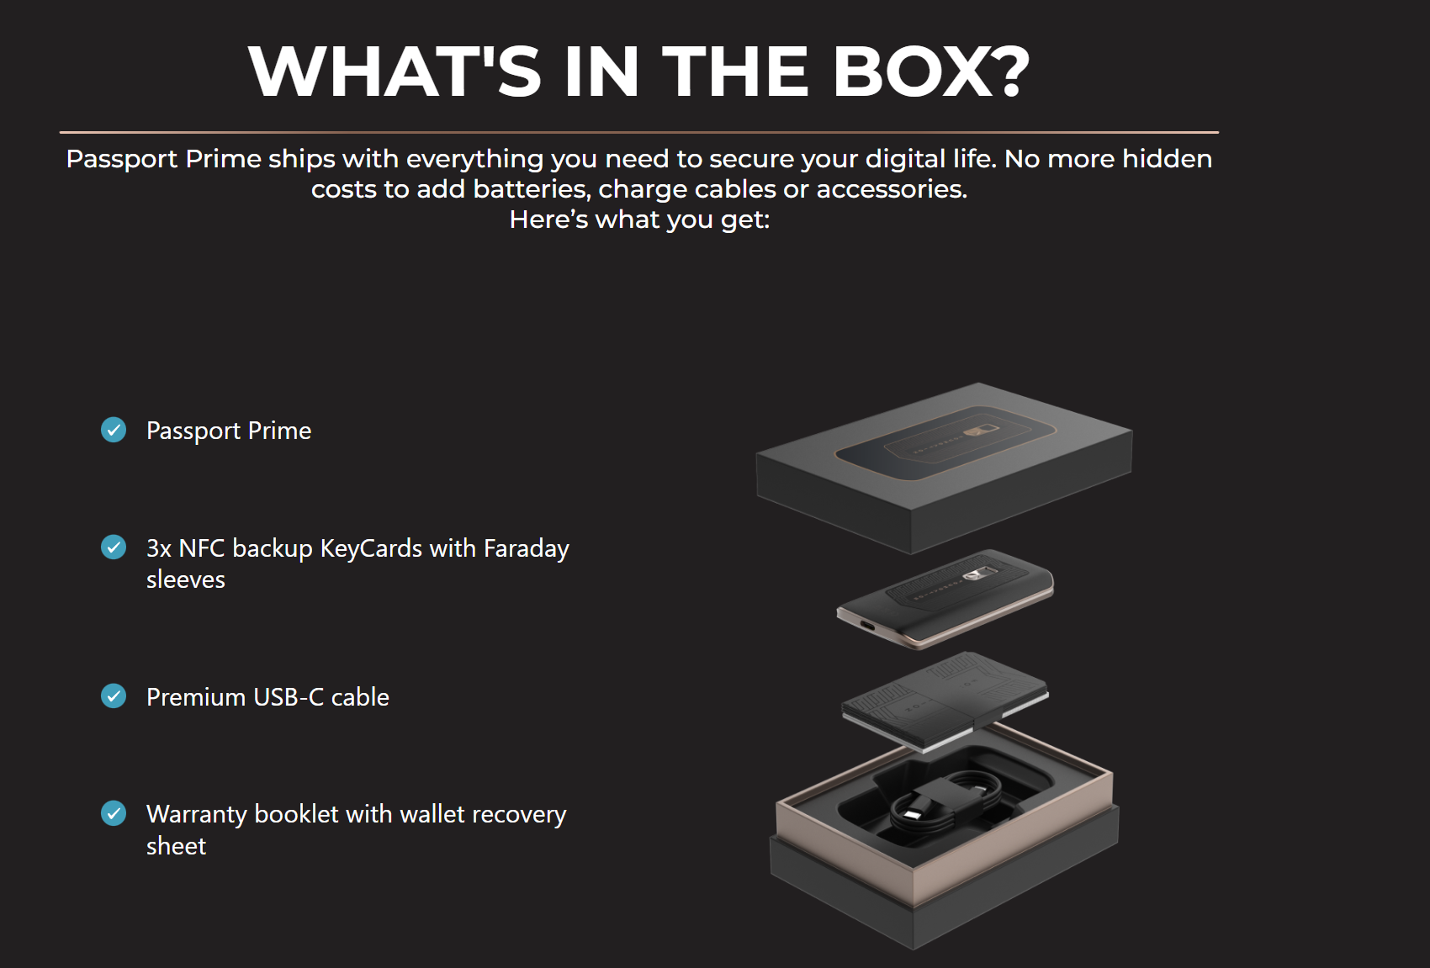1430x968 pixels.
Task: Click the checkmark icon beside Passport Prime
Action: [x=114, y=430]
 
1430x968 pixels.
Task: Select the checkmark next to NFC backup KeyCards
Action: [x=114, y=547]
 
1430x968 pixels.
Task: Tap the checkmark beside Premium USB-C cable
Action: [x=114, y=696]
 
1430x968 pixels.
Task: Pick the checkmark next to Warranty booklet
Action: [x=114, y=813]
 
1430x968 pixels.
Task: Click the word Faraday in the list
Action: [x=526, y=549]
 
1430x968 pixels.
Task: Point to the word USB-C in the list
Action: [x=289, y=697]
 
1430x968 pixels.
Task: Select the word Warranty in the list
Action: [x=197, y=815]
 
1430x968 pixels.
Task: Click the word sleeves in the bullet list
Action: [x=186, y=579]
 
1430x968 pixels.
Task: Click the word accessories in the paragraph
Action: [x=892, y=189]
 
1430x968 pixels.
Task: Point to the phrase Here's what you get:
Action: [x=639, y=220]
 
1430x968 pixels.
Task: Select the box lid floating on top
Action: [x=944, y=468]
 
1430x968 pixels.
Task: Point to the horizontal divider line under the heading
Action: [x=639, y=132]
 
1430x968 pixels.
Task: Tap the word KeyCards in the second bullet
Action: [x=371, y=548]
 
